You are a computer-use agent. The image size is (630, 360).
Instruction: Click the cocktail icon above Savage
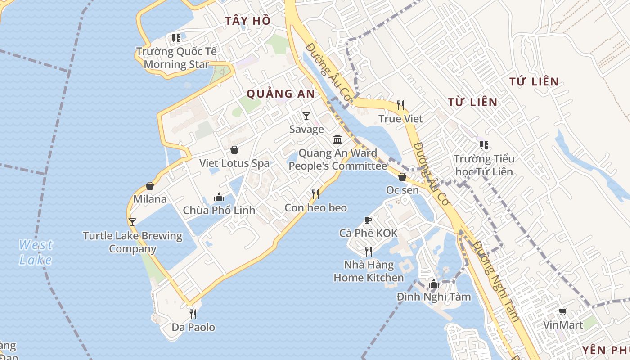pos(306,116)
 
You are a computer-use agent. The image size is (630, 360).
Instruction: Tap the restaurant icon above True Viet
pos(400,105)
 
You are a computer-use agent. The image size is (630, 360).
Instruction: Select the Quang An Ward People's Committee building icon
pos(337,139)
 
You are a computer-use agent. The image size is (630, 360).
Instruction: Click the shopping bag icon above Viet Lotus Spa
pos(234,150)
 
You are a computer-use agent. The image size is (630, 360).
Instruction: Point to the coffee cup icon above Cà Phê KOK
pos(368,220)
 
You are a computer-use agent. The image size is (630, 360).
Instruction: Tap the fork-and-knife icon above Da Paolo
pos(193,314)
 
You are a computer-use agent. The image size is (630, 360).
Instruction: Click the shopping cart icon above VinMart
pos(562,311)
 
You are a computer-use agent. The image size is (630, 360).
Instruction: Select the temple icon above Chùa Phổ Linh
pos(219,197)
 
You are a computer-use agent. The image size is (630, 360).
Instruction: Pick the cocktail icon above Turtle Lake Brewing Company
pos(132,222)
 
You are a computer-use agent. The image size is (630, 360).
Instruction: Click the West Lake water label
pos(36,252)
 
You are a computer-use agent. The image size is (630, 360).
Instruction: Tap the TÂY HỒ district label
pos(248,21)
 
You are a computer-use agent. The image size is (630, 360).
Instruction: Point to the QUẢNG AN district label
pos(281,94)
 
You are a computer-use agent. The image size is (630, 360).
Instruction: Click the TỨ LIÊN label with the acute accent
pos(534,82)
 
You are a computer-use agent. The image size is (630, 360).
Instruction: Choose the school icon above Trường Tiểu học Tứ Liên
pos(484,145)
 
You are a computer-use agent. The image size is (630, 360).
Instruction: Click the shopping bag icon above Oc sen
pos(402,177)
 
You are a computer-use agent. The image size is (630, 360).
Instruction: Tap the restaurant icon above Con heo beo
pos(315,194)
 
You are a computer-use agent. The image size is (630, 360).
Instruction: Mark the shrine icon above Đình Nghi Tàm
pos(434,283)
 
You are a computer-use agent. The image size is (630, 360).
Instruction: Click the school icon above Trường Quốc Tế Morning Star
pos(176,38)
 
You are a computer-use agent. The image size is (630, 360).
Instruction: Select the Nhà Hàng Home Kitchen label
pos(369,271)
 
